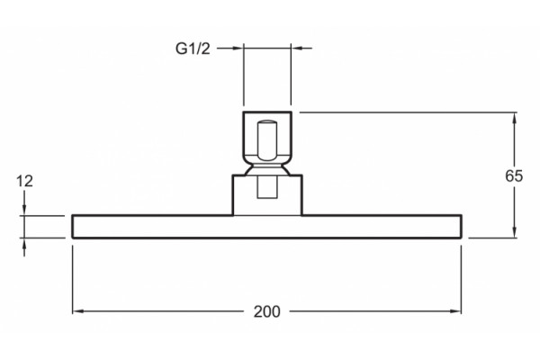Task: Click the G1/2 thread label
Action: coord(193,49)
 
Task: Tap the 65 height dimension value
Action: coord(514,175)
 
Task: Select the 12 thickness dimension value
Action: coord(25,181)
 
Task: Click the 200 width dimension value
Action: coord(267,311)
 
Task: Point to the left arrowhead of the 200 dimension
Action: coord(77,311)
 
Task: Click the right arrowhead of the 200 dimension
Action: coord(455,311)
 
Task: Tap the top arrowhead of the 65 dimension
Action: coord(515,118)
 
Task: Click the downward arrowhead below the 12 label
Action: coord(24,210)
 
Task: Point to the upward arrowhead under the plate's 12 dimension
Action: coord(24,244)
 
